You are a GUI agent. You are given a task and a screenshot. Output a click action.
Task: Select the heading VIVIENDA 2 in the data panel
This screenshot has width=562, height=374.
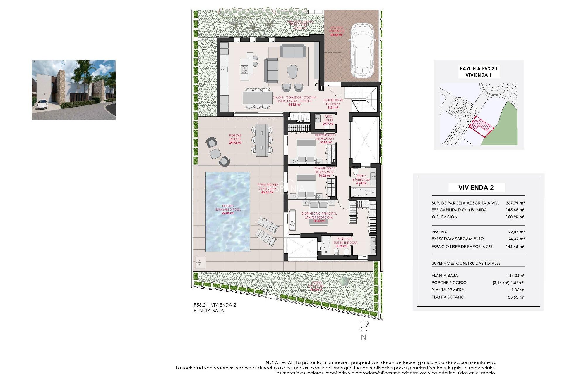click(x=476, y=188)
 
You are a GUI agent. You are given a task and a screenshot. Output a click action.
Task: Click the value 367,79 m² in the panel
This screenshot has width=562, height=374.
click(x=515, y=203)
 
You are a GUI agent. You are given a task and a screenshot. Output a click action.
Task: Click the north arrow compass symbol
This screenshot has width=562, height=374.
click(x=364, y=325)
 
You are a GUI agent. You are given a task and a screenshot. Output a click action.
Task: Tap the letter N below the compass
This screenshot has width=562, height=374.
click(x=364, y=337)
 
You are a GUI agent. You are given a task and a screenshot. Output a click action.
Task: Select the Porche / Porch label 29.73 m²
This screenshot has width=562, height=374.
click(x=235, y=139)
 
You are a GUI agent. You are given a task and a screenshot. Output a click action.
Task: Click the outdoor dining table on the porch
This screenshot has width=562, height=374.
click(x=262, y=140)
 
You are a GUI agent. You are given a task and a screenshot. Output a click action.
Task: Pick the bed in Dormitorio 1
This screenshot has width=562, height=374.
click(x=306, y=150)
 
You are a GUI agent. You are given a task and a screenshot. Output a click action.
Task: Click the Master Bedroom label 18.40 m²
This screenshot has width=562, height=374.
click(x=319, y=217)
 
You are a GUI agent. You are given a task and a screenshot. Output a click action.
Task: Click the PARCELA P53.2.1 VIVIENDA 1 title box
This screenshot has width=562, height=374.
click(x=479, y=72)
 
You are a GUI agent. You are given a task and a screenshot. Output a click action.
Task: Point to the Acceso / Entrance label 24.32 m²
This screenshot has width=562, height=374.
click(x=337, y=31)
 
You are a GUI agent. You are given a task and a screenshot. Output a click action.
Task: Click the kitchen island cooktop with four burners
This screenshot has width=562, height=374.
click(x=244, y=69)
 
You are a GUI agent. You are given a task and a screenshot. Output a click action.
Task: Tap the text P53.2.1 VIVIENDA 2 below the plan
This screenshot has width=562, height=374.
click(x=215, y=305)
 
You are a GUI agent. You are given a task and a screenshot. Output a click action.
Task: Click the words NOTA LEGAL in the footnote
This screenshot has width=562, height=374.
click(x=280, y=363)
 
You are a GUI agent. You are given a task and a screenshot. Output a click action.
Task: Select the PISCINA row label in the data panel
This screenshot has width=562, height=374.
click(x=439, y=232)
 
